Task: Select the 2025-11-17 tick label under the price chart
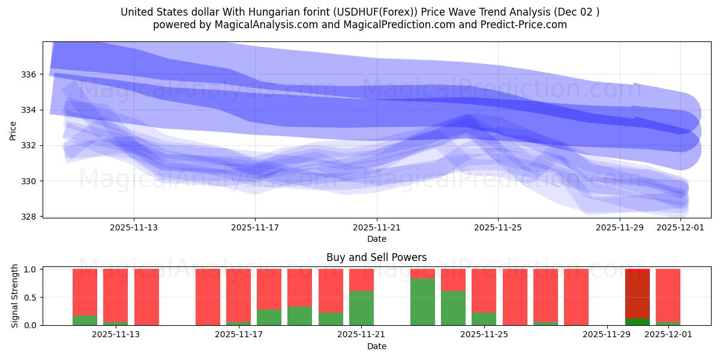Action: (256, 227)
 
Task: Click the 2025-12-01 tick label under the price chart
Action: (680, 227)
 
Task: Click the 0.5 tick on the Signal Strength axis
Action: (30, 298)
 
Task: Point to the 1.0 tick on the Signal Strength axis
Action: (30, 269)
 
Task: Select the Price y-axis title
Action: (13, 130)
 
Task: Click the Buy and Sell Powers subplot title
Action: (376, 257)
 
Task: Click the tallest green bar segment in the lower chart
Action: (422, 302)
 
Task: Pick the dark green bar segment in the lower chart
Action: (637, 322)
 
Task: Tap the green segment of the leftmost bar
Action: (85, 320)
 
